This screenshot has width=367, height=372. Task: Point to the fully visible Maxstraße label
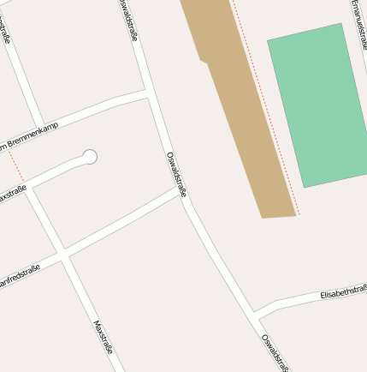pyautogui.click(x=103, y=338)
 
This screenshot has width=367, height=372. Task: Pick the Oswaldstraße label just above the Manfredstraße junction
pyautogui.click(x=176, y=171)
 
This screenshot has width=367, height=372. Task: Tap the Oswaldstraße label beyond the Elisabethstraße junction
pyautogui.click(x=275, y=351)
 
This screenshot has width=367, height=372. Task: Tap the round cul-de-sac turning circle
pyautogui.click(x=90, y=156)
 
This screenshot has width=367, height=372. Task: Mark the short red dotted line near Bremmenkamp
pyautogui.click(x=15, y=166)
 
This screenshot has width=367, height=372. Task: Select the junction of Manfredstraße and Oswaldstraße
pyautogui.click(x=182, y=194)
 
